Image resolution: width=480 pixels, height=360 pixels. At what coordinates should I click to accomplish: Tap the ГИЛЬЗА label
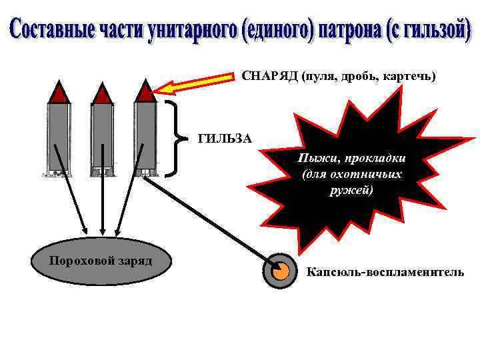pos(225,139)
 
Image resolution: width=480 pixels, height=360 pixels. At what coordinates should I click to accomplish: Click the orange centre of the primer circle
pos(281,271)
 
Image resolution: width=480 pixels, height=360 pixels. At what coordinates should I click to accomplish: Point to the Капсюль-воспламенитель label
pos(385,272)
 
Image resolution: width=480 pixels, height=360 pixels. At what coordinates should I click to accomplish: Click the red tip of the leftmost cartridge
pos(59,93)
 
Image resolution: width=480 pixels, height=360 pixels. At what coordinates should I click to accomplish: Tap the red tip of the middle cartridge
pos(102,93)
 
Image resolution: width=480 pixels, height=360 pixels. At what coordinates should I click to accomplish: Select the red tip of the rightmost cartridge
pos(145,92)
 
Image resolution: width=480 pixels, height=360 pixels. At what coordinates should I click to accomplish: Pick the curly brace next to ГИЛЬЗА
pos(175,139)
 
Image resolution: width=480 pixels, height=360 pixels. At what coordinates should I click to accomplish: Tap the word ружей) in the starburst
pos(351,190)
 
